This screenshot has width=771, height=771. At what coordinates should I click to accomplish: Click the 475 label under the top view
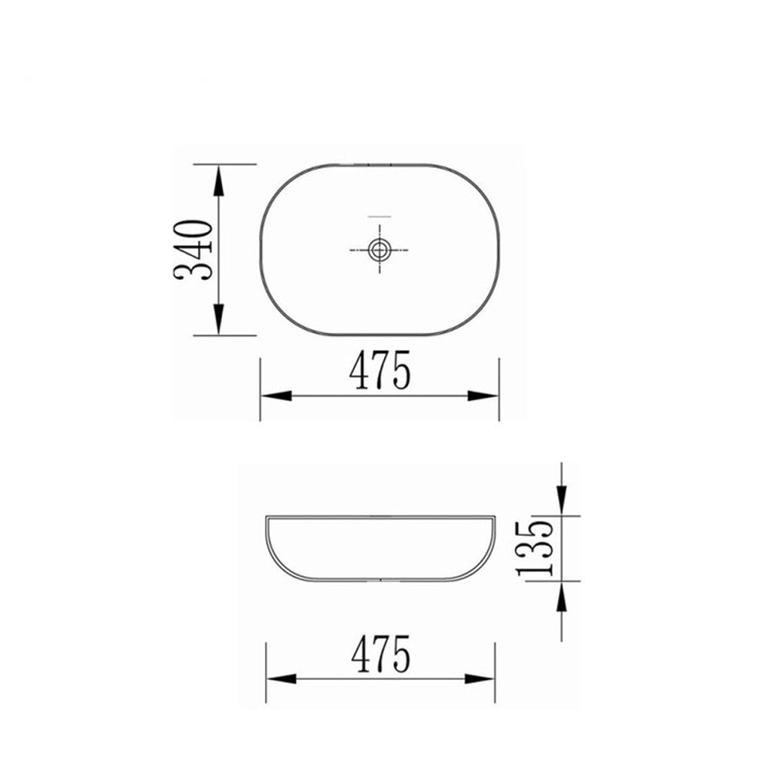[380, 371]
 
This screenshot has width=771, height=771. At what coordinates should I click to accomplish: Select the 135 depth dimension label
[537, 547]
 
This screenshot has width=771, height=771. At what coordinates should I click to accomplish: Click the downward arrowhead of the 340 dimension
[218, 319]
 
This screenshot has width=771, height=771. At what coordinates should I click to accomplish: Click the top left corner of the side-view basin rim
[267, 517]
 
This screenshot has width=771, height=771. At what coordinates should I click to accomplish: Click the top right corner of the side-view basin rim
[494, 517]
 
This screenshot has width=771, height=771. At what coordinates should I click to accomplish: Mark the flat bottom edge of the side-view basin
[380, 581]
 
